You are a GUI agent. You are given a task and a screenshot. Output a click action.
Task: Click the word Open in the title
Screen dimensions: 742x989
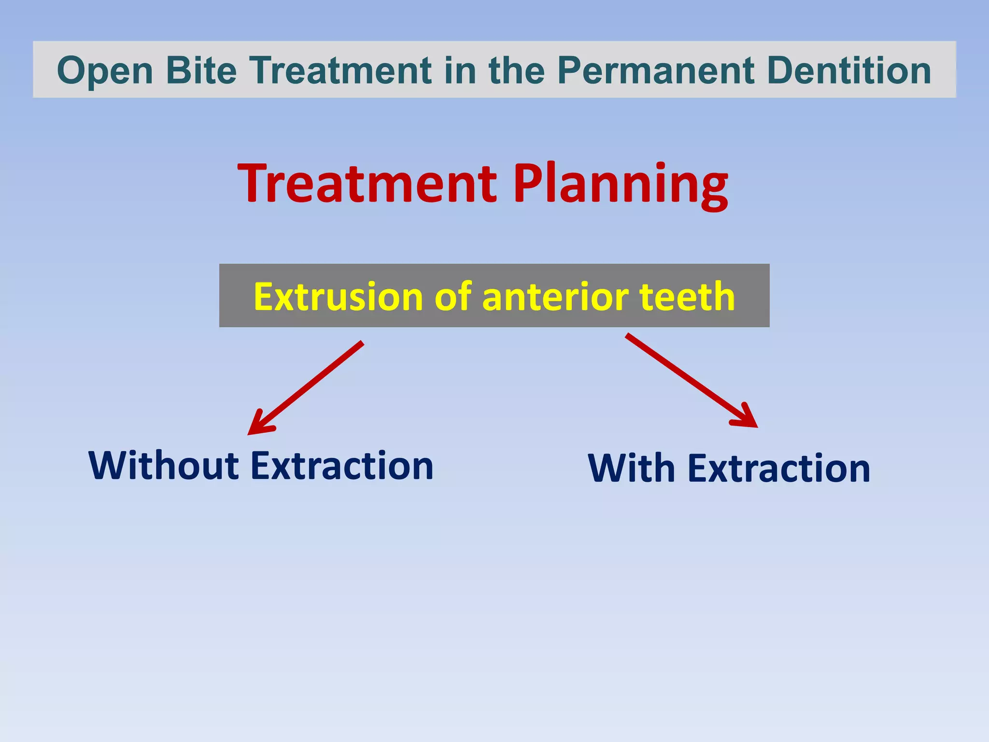tap(105, 71)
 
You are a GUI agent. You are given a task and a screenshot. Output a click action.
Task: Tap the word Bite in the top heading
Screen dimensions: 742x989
tap(201, 70)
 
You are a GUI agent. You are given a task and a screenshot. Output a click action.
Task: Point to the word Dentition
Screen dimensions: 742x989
tap(848, 70)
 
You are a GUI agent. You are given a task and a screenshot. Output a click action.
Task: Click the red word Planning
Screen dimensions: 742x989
tap(620, 185)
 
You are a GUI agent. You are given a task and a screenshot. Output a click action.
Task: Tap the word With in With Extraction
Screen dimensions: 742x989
tap(631, 468)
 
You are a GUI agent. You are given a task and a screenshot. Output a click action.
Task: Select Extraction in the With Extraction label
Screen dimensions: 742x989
tap(778, 468)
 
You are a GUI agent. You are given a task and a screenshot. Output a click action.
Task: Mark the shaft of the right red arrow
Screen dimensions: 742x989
tap(686, 377)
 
